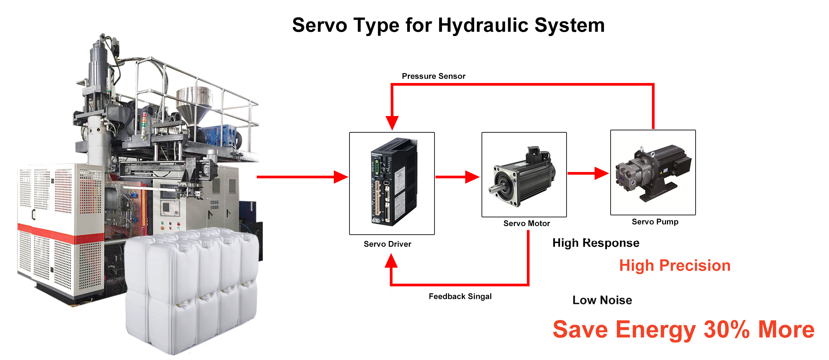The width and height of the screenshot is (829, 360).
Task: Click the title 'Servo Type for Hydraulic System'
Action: pyautogui.click(x=448, y=25)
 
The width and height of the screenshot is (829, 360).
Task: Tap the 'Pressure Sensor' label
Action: pyautogui.click(x=434, y=76)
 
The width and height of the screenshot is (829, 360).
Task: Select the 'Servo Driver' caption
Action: pyautogui.click(x=387, y=244)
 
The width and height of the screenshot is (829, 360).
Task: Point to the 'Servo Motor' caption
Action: pyautogui.click(x=527, y=223)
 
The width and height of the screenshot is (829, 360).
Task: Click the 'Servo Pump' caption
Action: pyautogui.click(x=655, y=222)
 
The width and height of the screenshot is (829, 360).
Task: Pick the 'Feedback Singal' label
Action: pyautogui.click(x=460, y=296)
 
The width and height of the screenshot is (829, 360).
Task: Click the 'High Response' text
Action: pyautogui.click(x=596, y=243)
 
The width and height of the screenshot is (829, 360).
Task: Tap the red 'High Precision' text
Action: pyautogui.click(x=675, y=266)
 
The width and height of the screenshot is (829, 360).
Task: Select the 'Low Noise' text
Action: pyautogui.click(x=602, y=300)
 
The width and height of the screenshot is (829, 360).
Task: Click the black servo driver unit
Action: pyautogui.click(x=394, y=182)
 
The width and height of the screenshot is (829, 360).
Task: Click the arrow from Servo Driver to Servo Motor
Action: pyautogui.click(x=458, y=177)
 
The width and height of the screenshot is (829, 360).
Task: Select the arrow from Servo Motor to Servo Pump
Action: pyautogui.click(x=588, y=173)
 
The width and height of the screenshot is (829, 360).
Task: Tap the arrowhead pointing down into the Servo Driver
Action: pyautogui.click(x=392, y=123)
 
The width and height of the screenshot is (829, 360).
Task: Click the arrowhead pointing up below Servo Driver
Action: pyautogui.click(x=391, y=261)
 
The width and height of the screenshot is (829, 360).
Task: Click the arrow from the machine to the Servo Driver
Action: pyautogui.click(x=302, y=177)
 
